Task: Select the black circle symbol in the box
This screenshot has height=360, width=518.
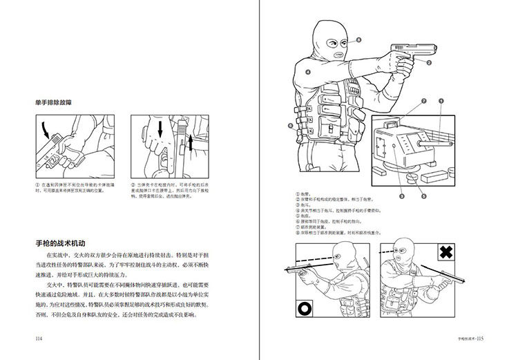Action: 305,307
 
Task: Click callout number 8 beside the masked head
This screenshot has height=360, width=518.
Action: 359,41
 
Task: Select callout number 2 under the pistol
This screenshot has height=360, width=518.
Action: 428,64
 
